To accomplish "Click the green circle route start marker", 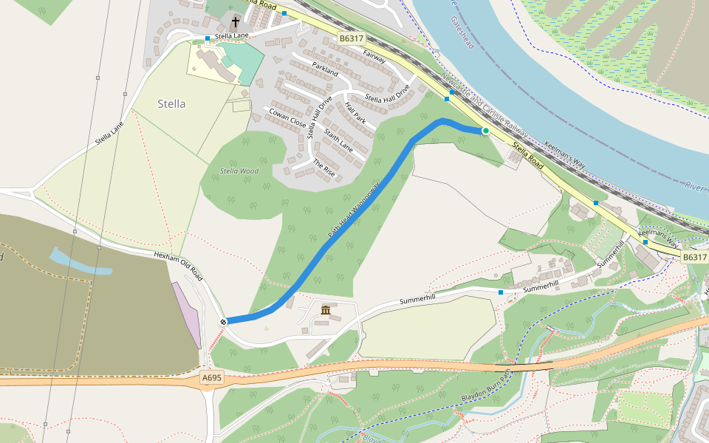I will [485, 131].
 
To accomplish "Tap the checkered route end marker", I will [223, 321].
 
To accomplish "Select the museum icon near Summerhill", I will [326, 309].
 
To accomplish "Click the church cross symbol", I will [236, 22].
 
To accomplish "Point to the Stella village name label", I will [171, 104].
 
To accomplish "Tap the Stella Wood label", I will [239, 171].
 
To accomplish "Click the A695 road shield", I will [212, 378].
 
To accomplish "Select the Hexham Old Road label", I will [178, 264].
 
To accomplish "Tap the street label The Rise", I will [323, 168].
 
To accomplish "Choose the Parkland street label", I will [324, 69].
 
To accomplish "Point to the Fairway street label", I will [374, 57].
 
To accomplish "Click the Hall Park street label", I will [355, 112].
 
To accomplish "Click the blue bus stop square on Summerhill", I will [501, 292].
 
